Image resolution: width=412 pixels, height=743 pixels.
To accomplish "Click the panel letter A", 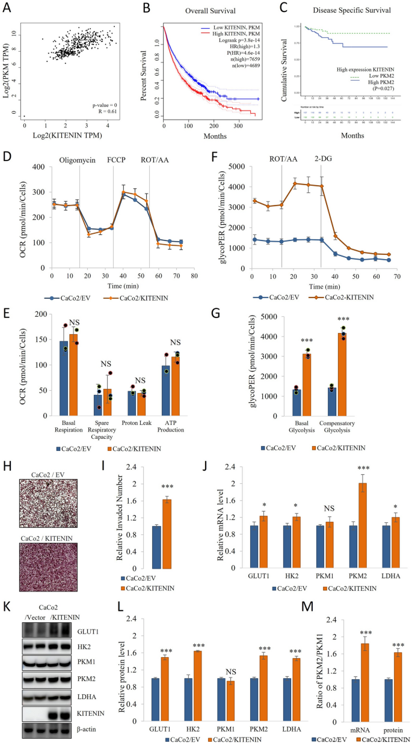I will pos(9,8).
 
